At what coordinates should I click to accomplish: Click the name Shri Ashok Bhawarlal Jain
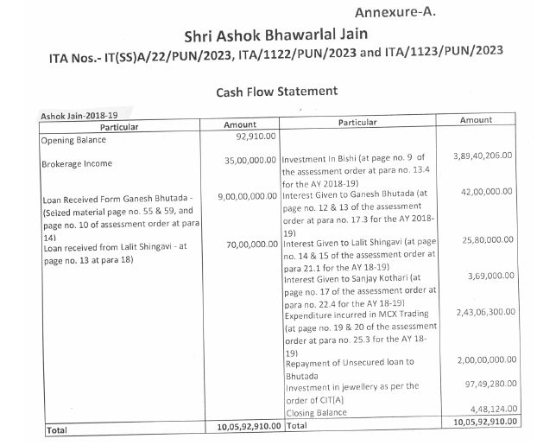click(x=269, y=38)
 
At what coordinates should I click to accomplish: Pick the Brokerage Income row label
click(x=76, y=162)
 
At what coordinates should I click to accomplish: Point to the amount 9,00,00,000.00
click(x=245, y=196)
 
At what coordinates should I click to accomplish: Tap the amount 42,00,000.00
click(x=487, y=193)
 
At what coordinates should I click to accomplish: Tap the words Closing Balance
click(x=316, y=412)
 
